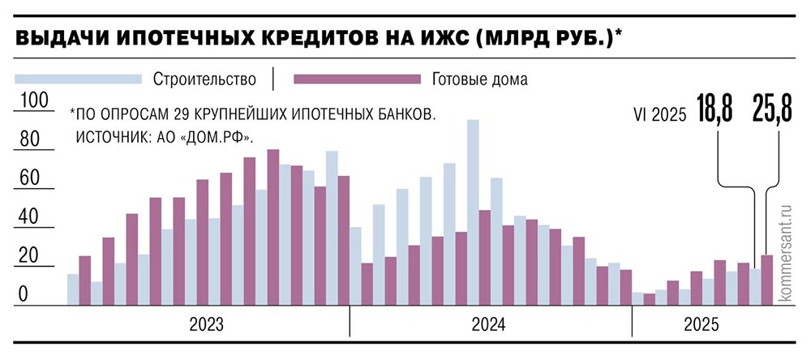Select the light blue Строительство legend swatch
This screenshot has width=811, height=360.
(77, 79)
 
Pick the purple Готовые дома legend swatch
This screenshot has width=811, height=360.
(357, 79)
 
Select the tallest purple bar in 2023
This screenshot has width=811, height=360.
(273, 227)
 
